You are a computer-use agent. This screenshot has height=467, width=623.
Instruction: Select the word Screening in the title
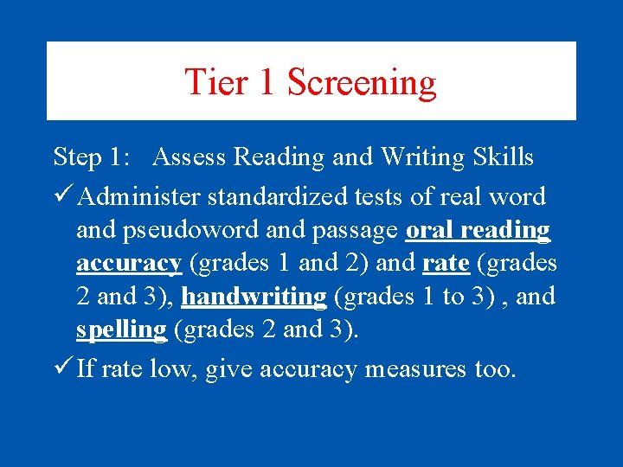(362, 82)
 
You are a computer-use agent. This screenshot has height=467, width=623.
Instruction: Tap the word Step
(77, 157)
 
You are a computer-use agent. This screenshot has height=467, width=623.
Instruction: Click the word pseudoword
(180, 231)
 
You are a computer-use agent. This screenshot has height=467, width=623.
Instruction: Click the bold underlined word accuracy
(129, 263)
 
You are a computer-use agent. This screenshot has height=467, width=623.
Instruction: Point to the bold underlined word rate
(446, 263)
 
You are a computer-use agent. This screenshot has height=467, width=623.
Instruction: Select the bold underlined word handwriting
(254, 297)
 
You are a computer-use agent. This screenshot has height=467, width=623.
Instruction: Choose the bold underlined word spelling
(121, 330)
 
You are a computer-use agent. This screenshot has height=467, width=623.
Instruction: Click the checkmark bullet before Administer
(62, 196)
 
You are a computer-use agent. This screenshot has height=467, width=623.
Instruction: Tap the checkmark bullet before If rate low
(62, 369)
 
